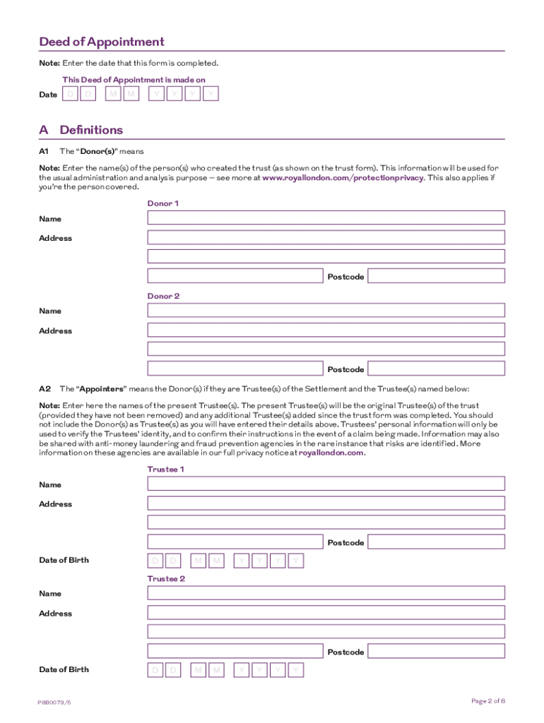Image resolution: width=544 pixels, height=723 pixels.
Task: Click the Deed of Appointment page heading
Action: pos(102,42)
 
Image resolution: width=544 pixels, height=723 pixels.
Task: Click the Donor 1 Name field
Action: pos(326,217)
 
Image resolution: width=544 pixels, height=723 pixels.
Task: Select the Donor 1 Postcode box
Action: pos(437,276)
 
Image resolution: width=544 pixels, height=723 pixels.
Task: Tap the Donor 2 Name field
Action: pos(326,310)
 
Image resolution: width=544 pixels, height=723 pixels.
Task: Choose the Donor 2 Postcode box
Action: pos(437,369)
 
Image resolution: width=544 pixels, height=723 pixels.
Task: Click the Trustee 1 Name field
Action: pos(326,484)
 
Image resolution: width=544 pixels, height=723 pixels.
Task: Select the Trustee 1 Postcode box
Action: pos(437,542)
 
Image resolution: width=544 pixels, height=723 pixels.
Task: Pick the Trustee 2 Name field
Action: pos(326,593)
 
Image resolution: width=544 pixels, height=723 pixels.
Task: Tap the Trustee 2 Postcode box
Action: pos(437,651)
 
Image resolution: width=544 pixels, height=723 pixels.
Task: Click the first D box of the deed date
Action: pos(69,94)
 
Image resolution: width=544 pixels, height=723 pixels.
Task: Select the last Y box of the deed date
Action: pos(211,94)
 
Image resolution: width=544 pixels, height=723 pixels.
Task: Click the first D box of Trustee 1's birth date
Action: pos(155,561)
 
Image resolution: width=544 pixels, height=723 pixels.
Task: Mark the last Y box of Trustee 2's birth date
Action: pos(296,669)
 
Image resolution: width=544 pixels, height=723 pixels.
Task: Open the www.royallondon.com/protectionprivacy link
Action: pos(343,178)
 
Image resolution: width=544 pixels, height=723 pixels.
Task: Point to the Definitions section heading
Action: pos(91,130)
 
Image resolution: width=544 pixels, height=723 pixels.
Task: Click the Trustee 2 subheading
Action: pos(166,579)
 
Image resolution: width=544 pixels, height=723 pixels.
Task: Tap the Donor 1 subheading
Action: pos(163,203)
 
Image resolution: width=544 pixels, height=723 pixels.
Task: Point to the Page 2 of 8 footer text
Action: pos(487,700)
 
